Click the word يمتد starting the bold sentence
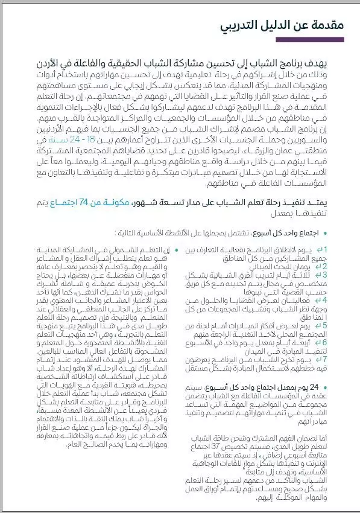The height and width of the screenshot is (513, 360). coord(338,203)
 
